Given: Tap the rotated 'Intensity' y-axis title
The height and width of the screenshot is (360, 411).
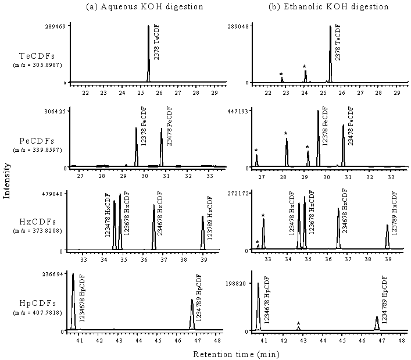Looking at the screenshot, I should pos(6,180).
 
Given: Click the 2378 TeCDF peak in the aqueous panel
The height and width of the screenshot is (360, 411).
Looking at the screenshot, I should pos(148,52).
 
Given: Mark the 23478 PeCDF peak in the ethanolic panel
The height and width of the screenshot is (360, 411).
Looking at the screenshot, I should pos(343,145).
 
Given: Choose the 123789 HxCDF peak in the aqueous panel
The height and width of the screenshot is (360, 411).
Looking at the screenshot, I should pos(203,233).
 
